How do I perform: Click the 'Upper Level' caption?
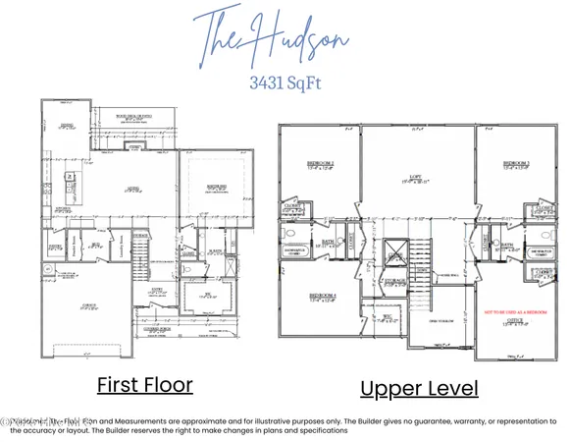[419, 388]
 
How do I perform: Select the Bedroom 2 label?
[321, 166]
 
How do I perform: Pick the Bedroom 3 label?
[516, 166]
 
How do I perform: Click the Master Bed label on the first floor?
[215, 187]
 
